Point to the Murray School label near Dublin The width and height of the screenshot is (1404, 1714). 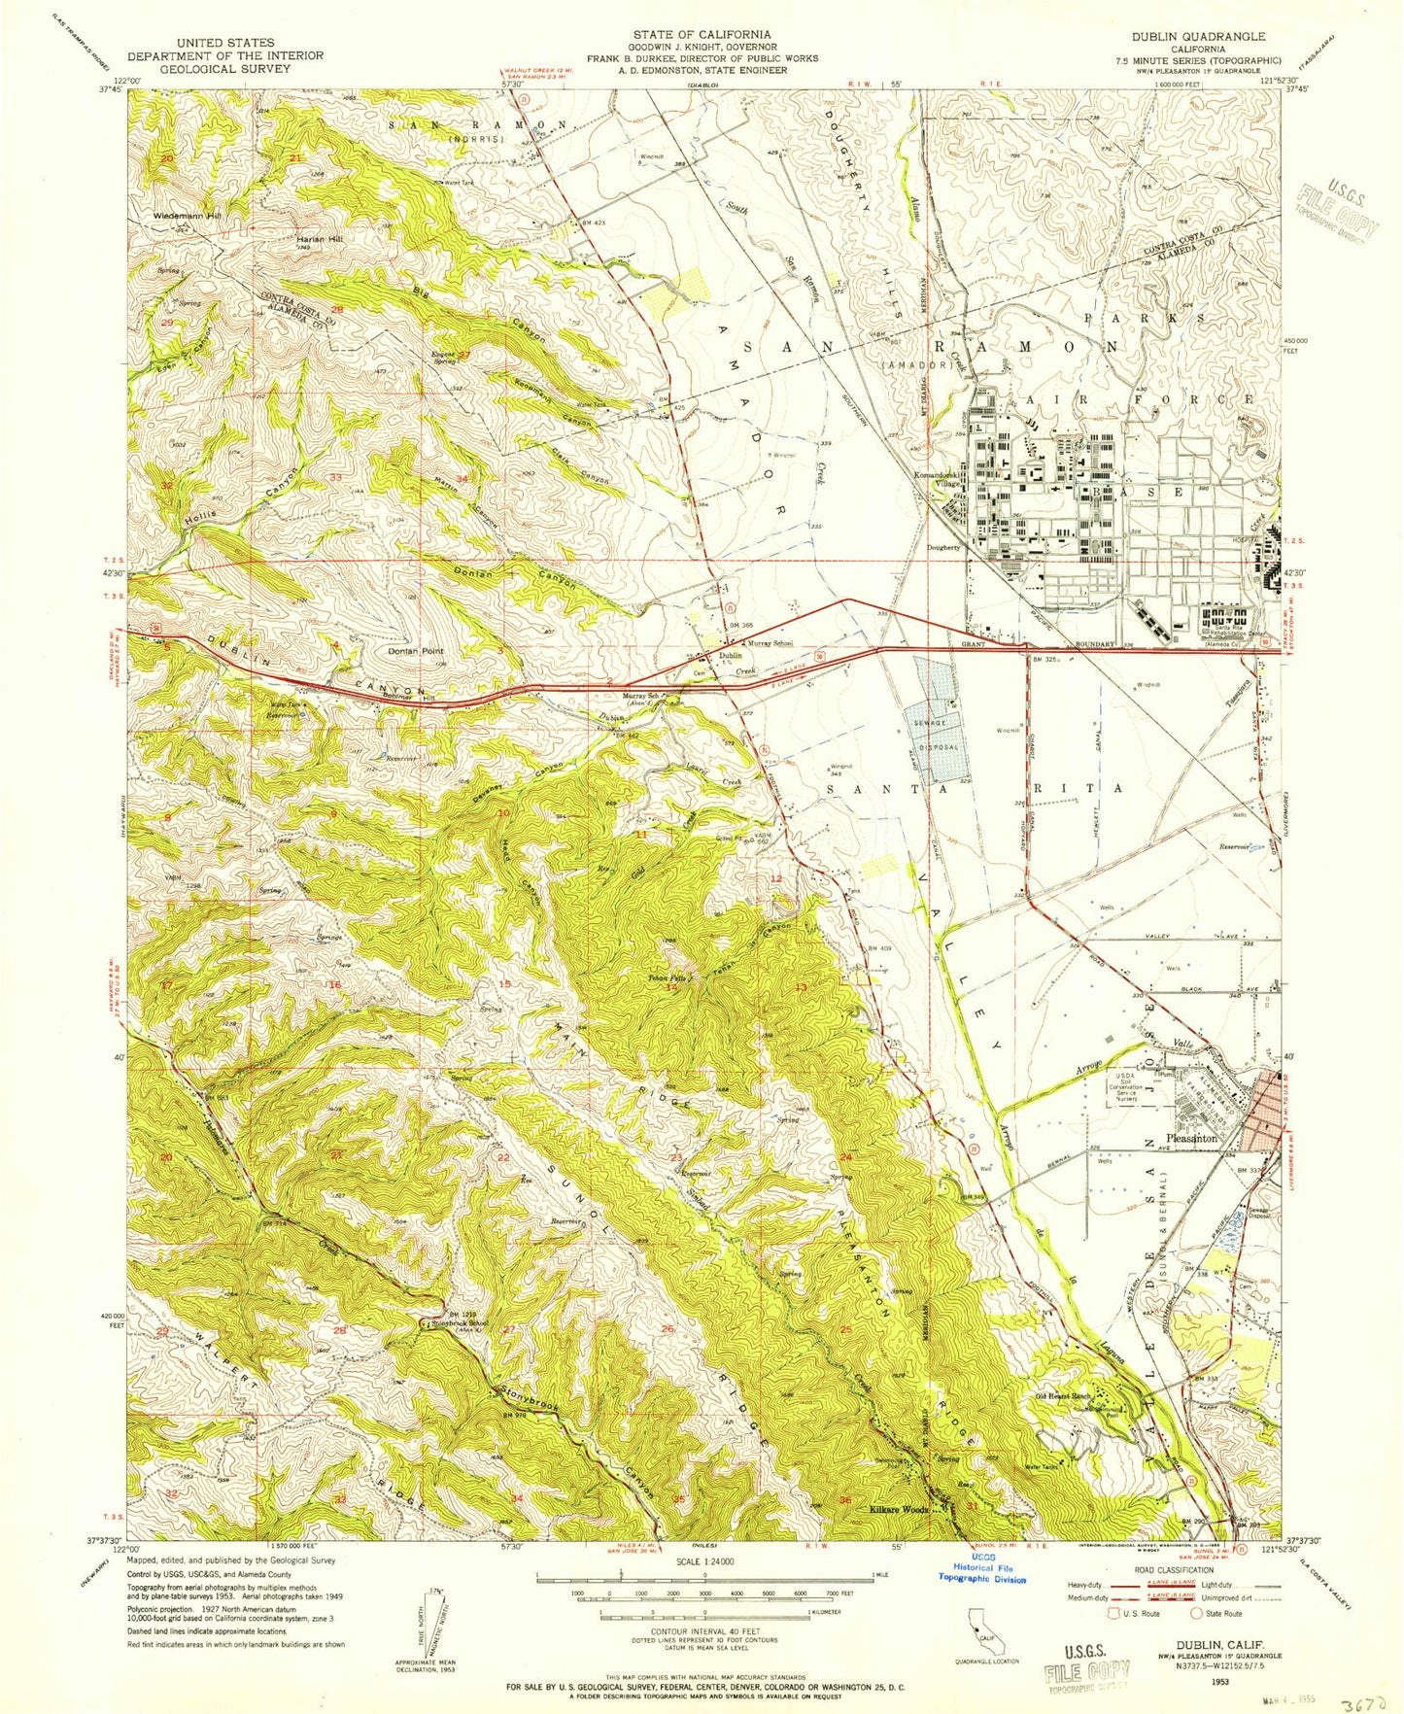pos(769,643)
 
